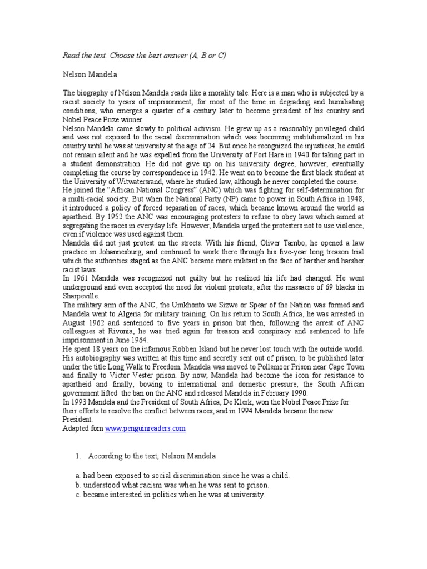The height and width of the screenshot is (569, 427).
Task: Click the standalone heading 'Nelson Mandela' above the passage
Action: [x=89, y=73]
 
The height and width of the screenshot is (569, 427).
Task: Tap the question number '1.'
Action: [x=78, y=456]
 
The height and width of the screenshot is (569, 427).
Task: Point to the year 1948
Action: [x=354, y=198]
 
